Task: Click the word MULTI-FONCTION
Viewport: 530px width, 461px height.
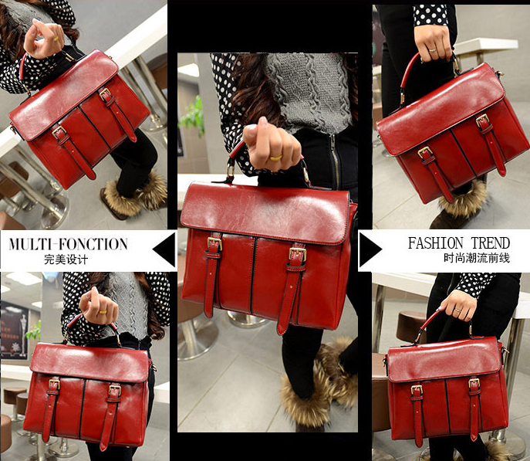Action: [x=69, y=244]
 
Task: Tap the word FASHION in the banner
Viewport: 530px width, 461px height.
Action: [x=435, y=243]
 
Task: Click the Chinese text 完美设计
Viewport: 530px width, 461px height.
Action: [x=66, y=259]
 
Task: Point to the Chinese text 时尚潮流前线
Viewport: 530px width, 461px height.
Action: [x=477, y=258]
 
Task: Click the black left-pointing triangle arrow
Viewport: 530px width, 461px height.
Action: [x=164, y=249]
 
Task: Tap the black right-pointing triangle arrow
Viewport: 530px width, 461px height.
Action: [x=371, y=249]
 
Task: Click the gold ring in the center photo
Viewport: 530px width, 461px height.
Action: [x=276, y=158]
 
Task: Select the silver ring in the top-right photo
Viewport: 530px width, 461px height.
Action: [x=432, y=50]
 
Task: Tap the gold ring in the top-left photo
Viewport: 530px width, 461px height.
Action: [x=56, y=39]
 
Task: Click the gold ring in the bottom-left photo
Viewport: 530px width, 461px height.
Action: [x=103, y=311]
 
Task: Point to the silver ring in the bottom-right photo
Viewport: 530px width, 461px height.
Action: [x=457, y=310]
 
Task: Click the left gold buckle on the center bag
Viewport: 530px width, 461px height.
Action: [x=214, y=243]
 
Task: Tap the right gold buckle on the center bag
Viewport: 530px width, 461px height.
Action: [x=298, y=254]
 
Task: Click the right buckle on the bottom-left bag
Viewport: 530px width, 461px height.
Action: [x=115, y=390]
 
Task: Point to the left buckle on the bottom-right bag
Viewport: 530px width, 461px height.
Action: [x=417, y=390]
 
